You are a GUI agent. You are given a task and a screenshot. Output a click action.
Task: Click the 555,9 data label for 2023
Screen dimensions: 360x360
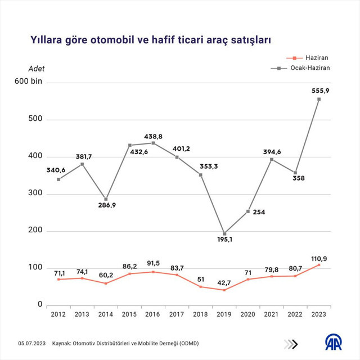click(x=320, y=91)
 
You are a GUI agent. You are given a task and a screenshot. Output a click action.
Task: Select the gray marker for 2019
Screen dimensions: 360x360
click(x=224, y=233)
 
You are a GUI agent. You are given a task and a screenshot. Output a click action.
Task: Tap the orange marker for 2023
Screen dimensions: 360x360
click(x=319, y=264)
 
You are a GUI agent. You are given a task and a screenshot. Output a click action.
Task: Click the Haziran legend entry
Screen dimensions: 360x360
click(x=317, y=57)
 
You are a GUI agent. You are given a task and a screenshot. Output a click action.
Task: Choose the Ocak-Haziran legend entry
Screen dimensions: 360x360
click(x=309, y=67)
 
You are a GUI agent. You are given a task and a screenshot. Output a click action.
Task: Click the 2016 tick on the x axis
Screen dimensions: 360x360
click(x=153, y=314)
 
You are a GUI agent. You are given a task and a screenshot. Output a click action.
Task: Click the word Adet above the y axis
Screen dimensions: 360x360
click(x=36, y=69)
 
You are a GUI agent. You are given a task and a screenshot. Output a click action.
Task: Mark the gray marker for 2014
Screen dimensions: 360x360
click(x=106, y=199)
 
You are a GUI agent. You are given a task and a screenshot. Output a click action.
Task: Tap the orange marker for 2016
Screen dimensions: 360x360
click(x=153, y=272)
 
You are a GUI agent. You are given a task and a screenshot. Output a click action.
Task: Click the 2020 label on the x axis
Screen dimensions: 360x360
click(x=248, y=314)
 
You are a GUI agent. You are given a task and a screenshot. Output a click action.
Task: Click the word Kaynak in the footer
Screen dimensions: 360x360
click(x=62, y=343)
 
